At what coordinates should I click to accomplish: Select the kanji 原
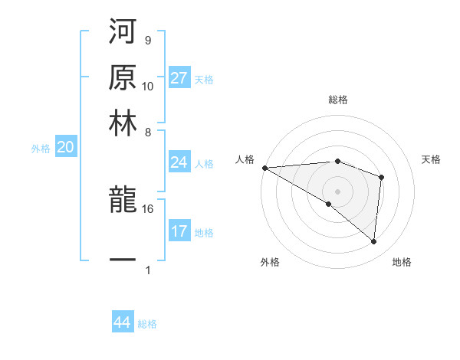123,78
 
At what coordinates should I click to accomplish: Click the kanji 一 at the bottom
123,260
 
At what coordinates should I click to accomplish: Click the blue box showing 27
179,78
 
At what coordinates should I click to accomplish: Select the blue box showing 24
179,162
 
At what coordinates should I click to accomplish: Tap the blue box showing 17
179,231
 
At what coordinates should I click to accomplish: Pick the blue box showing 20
65,148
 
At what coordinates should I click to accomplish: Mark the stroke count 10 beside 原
148,86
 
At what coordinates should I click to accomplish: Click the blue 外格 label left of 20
41,149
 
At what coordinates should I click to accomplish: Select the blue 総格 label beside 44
147,324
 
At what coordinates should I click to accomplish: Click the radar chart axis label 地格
402,263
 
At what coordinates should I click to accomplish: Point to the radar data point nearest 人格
264,168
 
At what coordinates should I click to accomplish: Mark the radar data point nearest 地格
373,242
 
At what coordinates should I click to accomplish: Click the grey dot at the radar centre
337,191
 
